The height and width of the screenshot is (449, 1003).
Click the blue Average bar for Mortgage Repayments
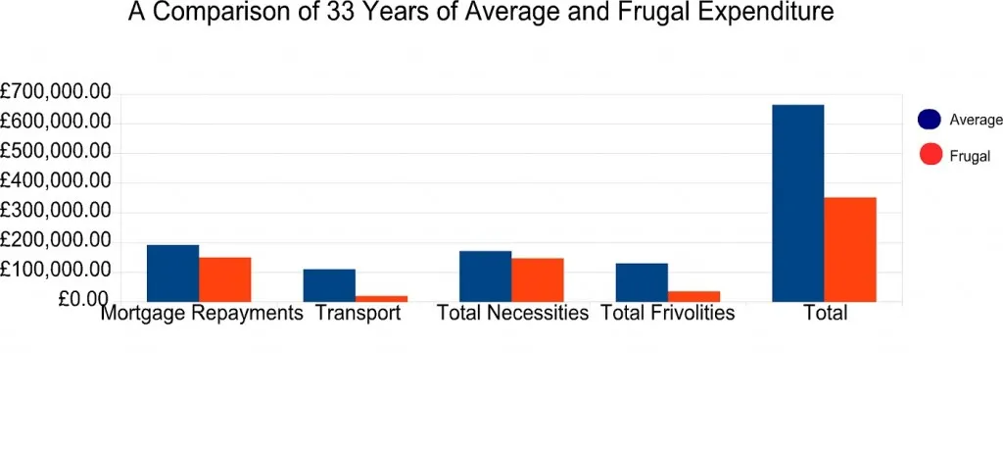[172, 273]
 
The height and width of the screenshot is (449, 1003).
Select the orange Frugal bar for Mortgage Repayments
[224, 279]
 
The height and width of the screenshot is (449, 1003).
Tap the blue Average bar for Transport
[329, 285]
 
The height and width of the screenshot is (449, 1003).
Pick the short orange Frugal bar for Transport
[381, 298]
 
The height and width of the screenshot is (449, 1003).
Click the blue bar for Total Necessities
[486, 276]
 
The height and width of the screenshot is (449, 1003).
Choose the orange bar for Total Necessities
[538, 280]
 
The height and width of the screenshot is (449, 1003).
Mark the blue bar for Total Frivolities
[642, 282]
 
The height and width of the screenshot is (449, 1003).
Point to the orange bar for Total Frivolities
[694, 297]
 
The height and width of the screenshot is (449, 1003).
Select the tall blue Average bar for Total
[797, 203]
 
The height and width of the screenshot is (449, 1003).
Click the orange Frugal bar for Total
[850, 249]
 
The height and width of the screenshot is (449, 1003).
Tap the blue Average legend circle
[929, 120]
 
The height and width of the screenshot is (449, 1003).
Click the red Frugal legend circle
[931, 154]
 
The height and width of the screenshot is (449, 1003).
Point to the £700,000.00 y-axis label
[56, 93]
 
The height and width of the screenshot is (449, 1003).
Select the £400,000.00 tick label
[56, 182]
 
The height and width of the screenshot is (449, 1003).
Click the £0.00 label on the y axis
[84, 300]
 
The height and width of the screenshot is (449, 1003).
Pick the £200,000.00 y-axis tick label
[56, 242]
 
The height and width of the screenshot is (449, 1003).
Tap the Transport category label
[358, 313]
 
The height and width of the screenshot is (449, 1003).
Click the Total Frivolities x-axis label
[668, 313]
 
